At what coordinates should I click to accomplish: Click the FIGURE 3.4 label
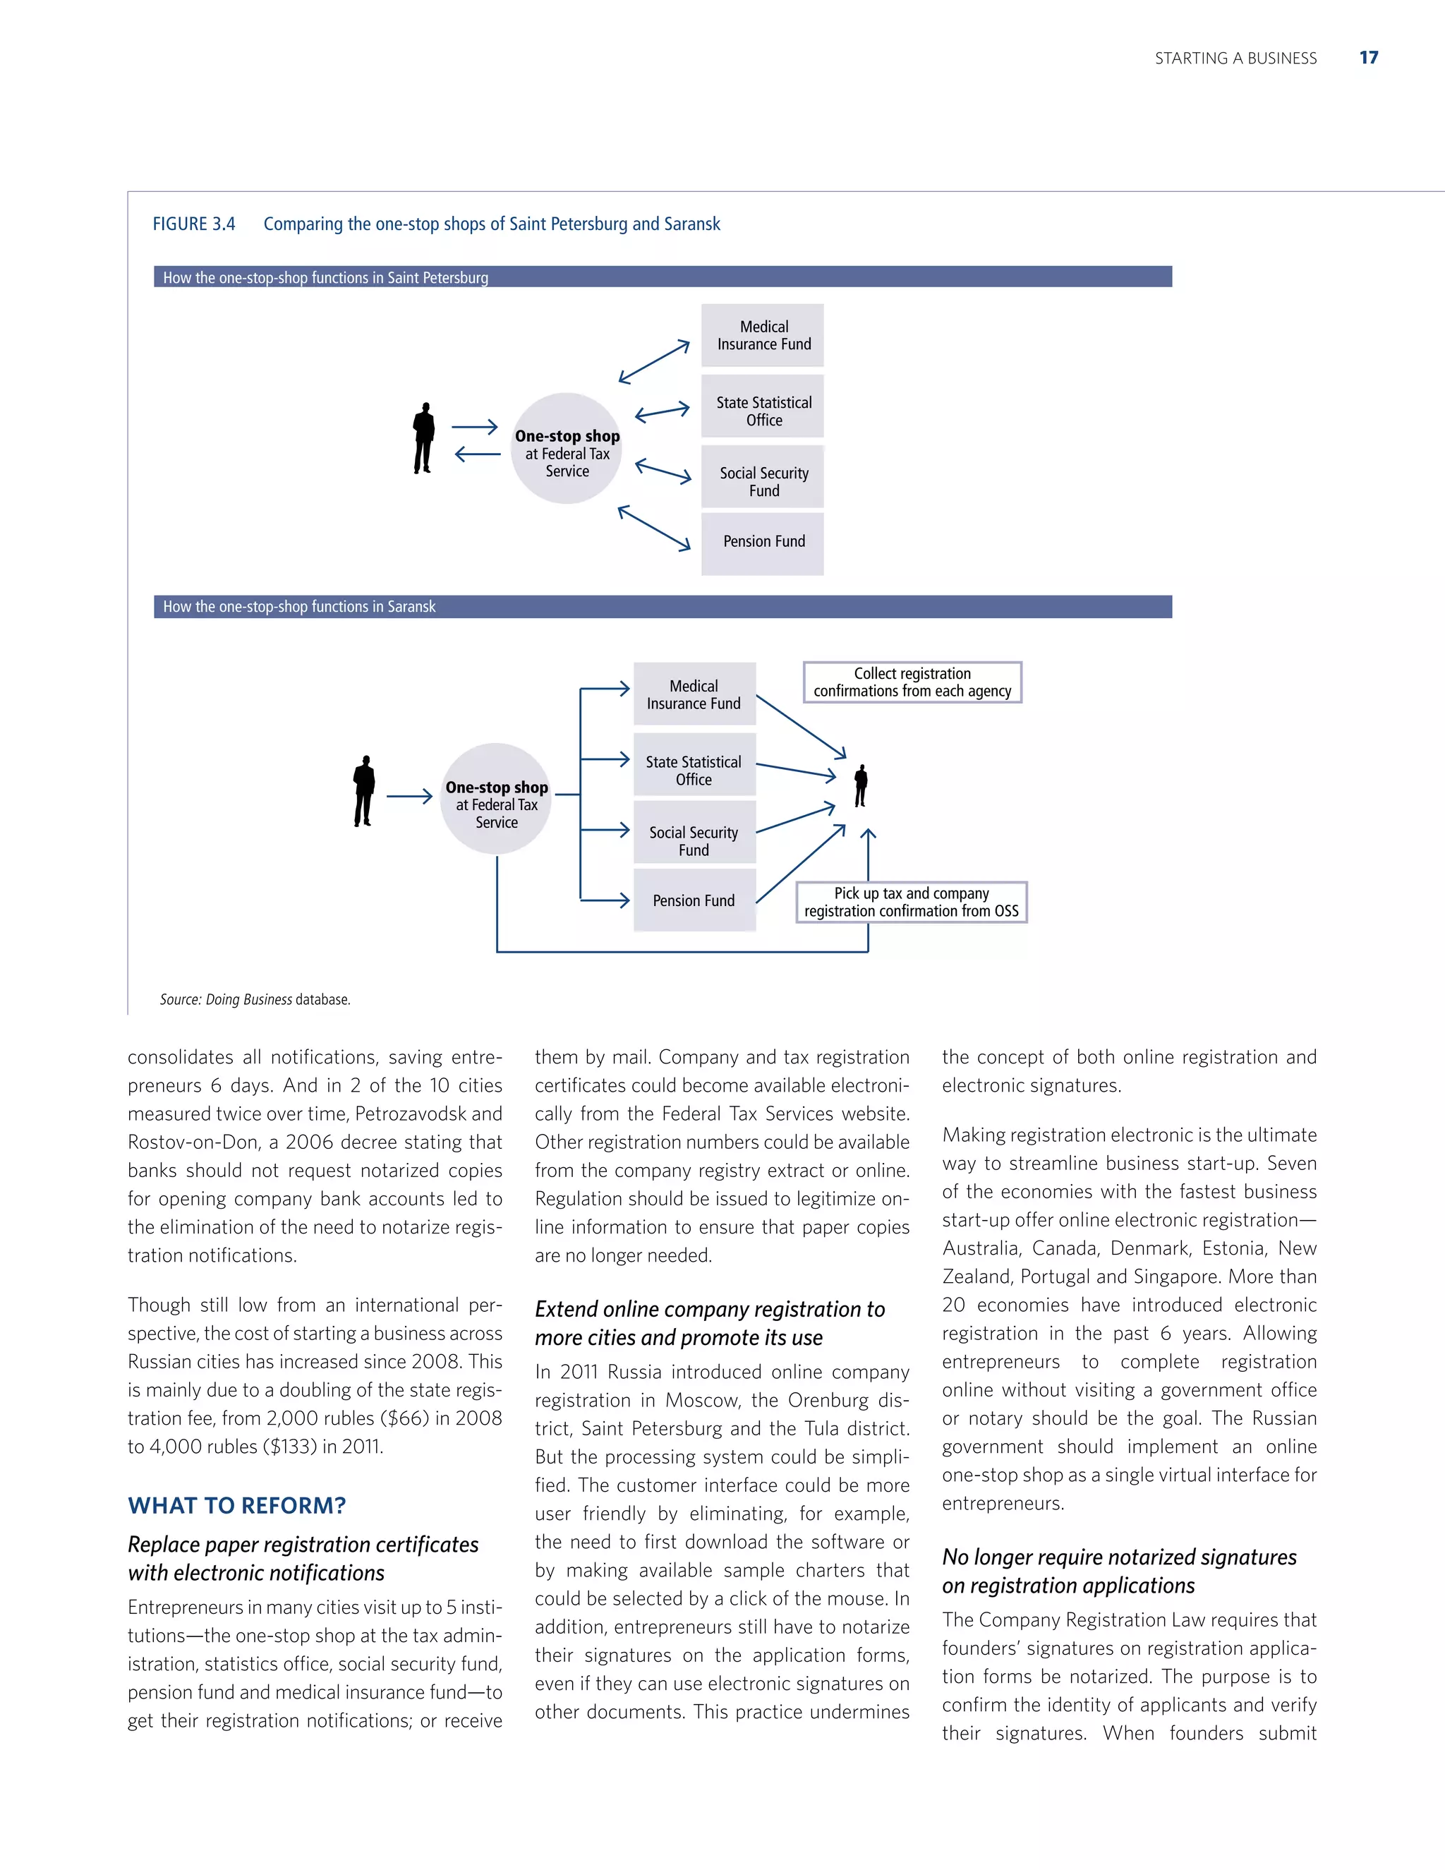(193, 224)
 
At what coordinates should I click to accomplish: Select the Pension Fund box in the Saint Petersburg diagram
(763, 543)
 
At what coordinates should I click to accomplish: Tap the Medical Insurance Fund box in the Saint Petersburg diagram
(763, 336)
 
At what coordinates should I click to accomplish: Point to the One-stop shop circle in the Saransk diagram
(497, 799)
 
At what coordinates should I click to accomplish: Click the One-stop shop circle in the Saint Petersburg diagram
(567, 449)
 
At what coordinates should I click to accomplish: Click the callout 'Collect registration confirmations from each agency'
(912, 682)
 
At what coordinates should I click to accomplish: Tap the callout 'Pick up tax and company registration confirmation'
(912, 903)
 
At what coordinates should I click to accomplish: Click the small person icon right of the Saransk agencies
(861, 785)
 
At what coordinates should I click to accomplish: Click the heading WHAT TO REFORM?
(236, 1506)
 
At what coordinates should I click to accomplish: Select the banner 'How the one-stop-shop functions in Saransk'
(663, 607)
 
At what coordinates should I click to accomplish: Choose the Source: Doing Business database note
(255, 1000)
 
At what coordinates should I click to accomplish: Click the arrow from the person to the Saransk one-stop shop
(409, 797)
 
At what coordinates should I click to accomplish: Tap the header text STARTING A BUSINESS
(1235, 59)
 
